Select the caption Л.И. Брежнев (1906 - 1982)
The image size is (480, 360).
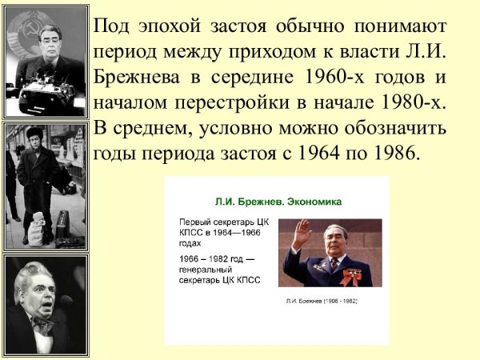321,301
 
